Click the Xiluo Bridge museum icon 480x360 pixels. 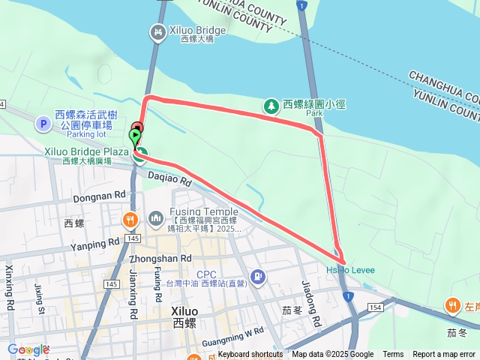coord(157,31)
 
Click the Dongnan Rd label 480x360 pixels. coord(99,196)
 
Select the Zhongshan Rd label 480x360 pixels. coord(157,258)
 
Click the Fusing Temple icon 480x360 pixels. coord(156,218)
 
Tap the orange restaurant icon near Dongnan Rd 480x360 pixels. coord(130,220)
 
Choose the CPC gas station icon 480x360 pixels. coord(258,277)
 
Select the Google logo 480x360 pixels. coord(28,349)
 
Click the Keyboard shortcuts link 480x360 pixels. coord(250,355)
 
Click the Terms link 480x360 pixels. coord(393,355)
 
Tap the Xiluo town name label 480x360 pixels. coord(184,311)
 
